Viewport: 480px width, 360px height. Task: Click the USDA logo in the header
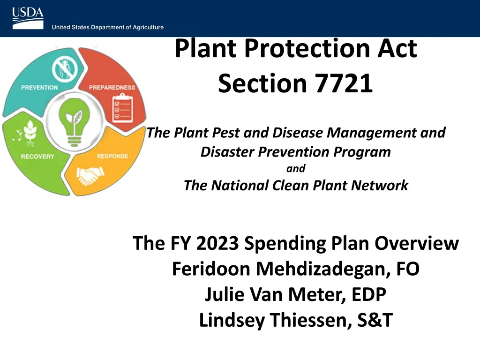click(28, 18)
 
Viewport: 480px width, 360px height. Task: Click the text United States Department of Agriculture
click(108, 27)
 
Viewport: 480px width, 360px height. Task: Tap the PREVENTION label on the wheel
click(39, 88)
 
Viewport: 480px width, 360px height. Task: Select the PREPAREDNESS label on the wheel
click(112, 88)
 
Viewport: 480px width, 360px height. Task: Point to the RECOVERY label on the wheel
click(37, 157)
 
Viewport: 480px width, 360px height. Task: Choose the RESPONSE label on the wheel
click(112, 156)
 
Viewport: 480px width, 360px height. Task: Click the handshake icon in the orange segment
click(90, 176)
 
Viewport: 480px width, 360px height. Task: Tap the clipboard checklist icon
click(123, 108)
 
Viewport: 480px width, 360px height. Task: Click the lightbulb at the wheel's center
click(74, 122)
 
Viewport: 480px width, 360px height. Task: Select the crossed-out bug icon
click(65, 69)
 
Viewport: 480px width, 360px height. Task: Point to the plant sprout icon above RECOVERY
click(28, 134)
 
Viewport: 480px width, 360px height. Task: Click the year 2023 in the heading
click(217, 243)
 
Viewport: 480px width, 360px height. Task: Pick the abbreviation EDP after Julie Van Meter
click(368, 294)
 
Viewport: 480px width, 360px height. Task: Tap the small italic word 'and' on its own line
click(296, 168)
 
